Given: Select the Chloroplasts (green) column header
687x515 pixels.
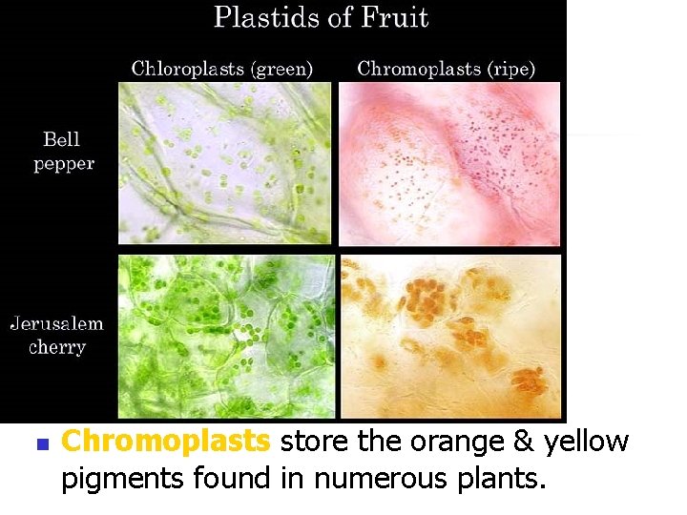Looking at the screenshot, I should (221, 68).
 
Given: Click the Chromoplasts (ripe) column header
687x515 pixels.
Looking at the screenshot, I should (446, 68).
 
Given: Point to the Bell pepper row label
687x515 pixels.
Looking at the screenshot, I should (64, 152).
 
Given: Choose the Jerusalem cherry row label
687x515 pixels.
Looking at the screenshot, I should (57, 335).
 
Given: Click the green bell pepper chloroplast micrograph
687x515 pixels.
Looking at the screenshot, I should (224, 163).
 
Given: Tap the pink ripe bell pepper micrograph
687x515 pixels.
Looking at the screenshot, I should (449, 163).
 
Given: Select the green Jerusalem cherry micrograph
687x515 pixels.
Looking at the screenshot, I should (226, 336).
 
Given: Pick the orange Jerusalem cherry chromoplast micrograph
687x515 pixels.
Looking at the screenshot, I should (450, 336).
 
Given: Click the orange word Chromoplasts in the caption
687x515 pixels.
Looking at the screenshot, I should (166, 443).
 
